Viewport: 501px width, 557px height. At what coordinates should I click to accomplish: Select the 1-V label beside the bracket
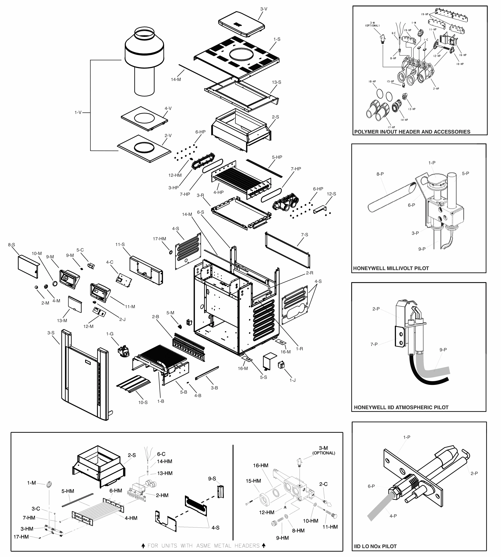(x=78, y=112)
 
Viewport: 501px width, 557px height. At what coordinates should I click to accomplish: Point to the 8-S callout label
(x=12, y=245)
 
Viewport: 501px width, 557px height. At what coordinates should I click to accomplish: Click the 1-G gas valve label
(x=110, y=334)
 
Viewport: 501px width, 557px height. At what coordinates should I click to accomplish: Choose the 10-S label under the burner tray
(x=143, y=402)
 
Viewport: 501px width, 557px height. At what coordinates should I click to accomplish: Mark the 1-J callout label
(x=292, y=380)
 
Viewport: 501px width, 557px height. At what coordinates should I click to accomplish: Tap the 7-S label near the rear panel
(x=304, y=235)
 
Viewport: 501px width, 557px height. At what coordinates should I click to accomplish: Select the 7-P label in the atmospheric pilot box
(x=374, y=344)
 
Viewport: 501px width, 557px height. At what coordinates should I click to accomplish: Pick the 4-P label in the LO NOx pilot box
(x=393, y=516)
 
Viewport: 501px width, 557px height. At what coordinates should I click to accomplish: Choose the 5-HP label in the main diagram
(x=277, y=157)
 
